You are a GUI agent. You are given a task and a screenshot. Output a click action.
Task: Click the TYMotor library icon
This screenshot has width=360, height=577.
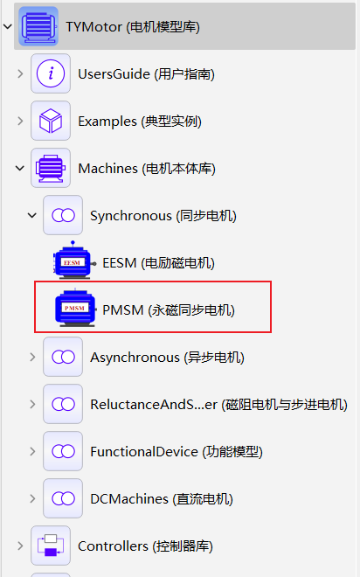[x=38, y=26]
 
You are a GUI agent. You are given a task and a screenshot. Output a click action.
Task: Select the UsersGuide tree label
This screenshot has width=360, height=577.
[x=146, y=74]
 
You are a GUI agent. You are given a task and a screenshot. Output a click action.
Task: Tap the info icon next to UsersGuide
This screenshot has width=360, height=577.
[x=51, y=73]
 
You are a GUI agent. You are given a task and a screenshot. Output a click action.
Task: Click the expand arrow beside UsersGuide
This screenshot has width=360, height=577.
[x=21, y=74]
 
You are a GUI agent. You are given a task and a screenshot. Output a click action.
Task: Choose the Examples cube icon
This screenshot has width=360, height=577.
[x=51, y=121]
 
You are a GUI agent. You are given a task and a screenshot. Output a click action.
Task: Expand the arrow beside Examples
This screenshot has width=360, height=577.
[x=21, y=121]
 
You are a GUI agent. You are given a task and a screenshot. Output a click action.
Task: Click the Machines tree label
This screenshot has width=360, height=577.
[x=147, y=169]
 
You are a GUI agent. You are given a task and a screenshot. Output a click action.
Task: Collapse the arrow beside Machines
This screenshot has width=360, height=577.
[x=20, y=168]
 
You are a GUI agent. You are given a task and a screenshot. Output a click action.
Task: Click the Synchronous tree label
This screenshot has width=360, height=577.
[x=163, y=216]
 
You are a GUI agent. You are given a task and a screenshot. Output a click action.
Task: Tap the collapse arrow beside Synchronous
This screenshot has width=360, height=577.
[x=32, y=215]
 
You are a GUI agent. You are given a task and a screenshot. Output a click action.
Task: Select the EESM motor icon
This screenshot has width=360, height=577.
[x=74, y=261]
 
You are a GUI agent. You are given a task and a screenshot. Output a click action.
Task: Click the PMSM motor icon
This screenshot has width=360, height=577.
[x=76, y=308]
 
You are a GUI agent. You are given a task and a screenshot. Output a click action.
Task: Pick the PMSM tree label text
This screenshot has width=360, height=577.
[x=169, y=310]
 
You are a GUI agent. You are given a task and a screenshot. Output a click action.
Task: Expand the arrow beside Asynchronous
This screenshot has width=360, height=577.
[x=32, y=357]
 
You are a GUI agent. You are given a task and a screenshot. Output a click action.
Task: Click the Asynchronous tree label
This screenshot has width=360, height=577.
[x=167, y=358]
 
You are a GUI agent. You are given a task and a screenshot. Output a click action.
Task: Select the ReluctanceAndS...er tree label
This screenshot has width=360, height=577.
[x=218, y=405]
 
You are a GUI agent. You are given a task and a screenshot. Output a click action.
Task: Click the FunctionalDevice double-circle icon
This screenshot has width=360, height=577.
[x=63, y=451]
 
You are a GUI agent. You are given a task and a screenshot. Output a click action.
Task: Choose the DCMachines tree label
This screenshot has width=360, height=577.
[x=162, y=499]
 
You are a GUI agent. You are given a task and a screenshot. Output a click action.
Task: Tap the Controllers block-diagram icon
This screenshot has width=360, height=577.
[x=51, y=546]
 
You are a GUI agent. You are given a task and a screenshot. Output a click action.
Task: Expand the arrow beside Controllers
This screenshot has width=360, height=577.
[x=21, y=546]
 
